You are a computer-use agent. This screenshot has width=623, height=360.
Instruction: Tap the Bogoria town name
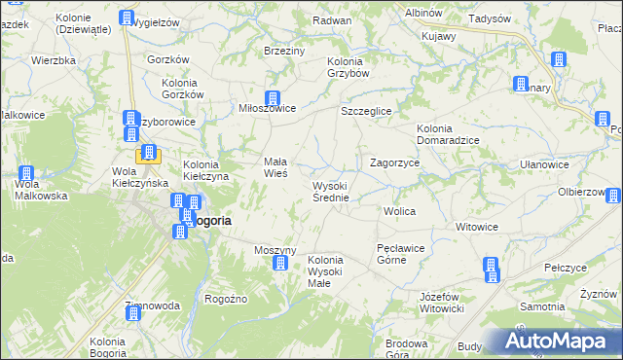pos(209,221)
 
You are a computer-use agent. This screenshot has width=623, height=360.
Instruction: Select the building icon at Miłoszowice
pos(274,98)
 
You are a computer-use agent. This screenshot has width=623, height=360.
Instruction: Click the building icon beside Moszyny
pos(282,264)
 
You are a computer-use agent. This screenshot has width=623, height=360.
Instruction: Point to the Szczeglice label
pos(366,112)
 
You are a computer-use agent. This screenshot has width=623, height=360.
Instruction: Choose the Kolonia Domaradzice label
pos(447,134)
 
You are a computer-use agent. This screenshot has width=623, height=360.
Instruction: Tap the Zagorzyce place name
pos(394,163)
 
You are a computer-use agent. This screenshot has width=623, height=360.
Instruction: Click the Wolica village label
pos(400,211)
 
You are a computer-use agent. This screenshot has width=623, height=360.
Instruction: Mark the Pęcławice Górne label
pos(400,254)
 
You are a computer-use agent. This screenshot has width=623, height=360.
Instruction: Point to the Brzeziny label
pos(284,50)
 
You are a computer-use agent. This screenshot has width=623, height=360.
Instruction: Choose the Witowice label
pos(477,227)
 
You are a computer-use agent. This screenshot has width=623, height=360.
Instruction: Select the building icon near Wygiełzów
pos(127,18)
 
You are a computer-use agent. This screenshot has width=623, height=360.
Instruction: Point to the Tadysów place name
pos(490,18)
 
